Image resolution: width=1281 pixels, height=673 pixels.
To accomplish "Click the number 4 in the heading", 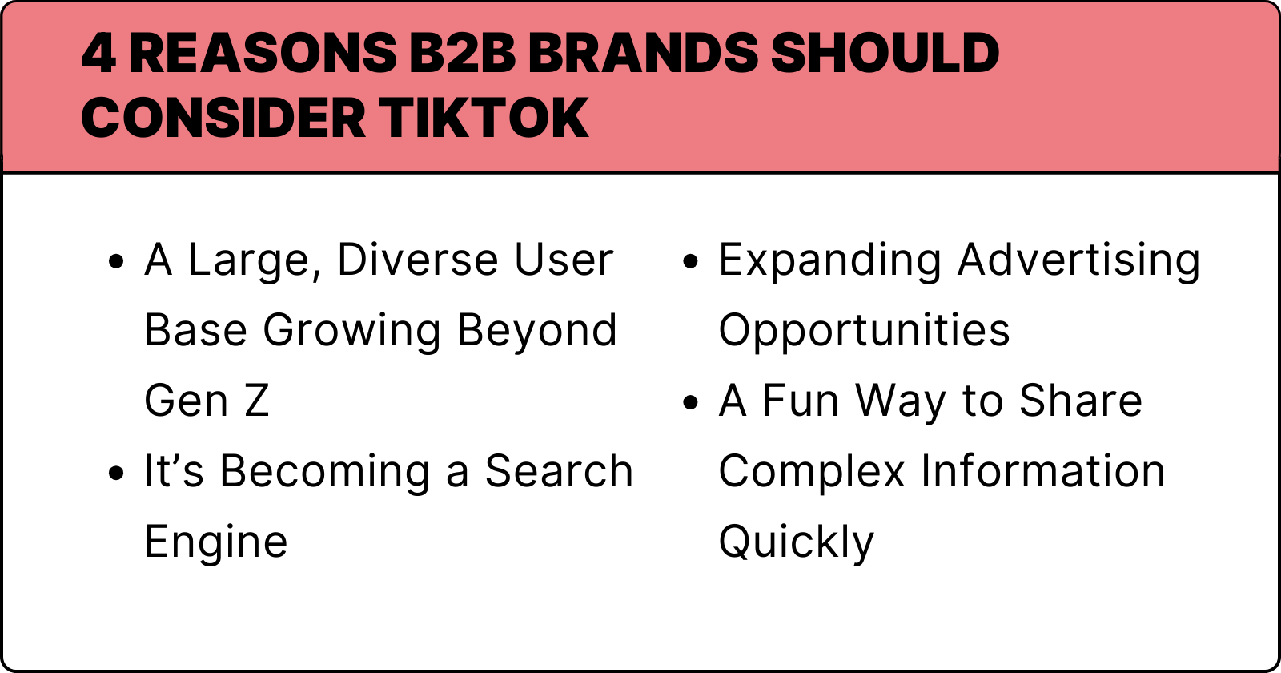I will pos(98,54).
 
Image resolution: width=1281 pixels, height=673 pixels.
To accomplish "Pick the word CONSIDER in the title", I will pos(223,119).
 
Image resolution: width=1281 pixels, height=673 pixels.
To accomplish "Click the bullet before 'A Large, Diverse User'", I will pos(117,261).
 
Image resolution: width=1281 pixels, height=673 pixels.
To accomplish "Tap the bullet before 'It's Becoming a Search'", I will pos(117,473).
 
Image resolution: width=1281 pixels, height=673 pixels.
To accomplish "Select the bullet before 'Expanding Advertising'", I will pos(691,261).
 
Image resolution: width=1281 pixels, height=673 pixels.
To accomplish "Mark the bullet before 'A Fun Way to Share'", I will pos(691,402).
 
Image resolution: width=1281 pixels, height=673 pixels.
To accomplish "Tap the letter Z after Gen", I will pos(257,401).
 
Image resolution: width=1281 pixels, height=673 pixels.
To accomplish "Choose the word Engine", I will pos(216,543).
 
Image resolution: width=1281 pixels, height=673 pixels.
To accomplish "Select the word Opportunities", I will pos(864,332).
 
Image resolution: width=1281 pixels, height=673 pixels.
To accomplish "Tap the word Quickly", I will pos(797,543).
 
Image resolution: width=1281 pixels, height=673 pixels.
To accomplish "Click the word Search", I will pos(559,472).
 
